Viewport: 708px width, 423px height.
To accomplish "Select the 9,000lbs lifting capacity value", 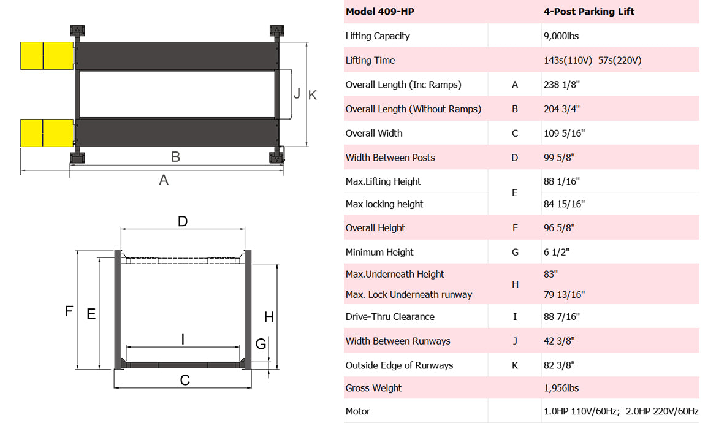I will [x=561, y=36].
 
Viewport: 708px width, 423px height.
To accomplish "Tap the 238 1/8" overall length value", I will [x=561, y=85].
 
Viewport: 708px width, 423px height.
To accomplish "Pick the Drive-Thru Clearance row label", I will [x=390, y=317].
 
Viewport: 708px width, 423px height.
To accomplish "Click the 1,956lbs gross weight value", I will [x=561, y=388].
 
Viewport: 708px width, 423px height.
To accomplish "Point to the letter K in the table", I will [x=515, y=365].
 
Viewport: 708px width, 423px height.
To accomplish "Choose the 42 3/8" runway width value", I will [x=560, y=341].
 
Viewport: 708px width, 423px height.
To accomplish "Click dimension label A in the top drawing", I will [x=164, y=180].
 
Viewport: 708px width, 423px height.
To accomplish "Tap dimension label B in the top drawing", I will [x=175, y=157].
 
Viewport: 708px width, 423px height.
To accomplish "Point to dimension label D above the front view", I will [x=183, y=221].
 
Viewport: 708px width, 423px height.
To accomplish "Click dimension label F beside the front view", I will [x=69, y=311].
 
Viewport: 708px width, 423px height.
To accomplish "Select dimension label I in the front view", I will [x=183, y=339].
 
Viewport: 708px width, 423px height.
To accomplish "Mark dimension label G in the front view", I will [x=261, y=344].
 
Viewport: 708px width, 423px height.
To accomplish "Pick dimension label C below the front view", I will [x=185, y=381].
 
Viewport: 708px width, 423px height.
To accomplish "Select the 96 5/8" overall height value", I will [x=560, y=228].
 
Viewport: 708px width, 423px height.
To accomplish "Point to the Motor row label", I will [x=358, y=411].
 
